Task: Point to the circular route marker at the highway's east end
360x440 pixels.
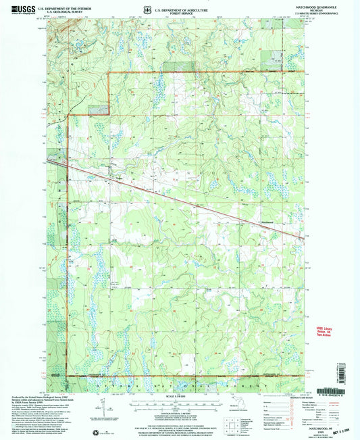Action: coord(301,235)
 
